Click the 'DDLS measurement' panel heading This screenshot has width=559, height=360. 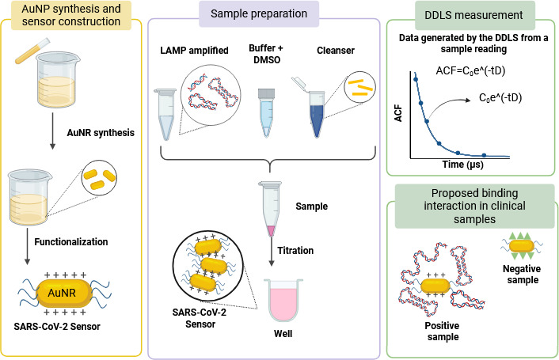click(x=473, y=15)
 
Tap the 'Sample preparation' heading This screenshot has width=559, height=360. click(x=259, y=13)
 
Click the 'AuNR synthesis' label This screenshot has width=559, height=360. click(x=101, y=133)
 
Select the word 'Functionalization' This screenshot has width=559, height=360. click(x=71, y=242)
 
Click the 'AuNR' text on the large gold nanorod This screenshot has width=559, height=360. click(x=62, y=293)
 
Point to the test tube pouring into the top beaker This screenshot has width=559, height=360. click(x=32, y=51)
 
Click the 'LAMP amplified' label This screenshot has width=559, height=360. click(x=194, y=50)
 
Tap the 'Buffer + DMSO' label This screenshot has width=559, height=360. click(x=266, y=54)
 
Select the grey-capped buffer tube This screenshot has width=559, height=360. click(x=266, y=112)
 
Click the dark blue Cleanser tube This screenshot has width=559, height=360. click(x=317, y=114)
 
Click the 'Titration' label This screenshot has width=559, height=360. click(x=295, y=250)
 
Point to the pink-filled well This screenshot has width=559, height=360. click(x=283, y=300)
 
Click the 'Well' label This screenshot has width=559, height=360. click(x=283, y=334)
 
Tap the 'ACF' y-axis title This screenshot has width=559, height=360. click(x=398, y=113)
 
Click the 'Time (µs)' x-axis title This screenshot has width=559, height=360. click(x=462, y=164)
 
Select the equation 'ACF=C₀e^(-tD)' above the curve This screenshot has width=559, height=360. click(x=470, y=70)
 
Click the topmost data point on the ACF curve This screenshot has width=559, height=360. click(x=416, y=79)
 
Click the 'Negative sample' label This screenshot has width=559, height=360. click(x=522, y=275)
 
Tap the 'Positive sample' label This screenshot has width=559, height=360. click(x=443, y=332)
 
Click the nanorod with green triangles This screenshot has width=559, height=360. click(x=522, y=246)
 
